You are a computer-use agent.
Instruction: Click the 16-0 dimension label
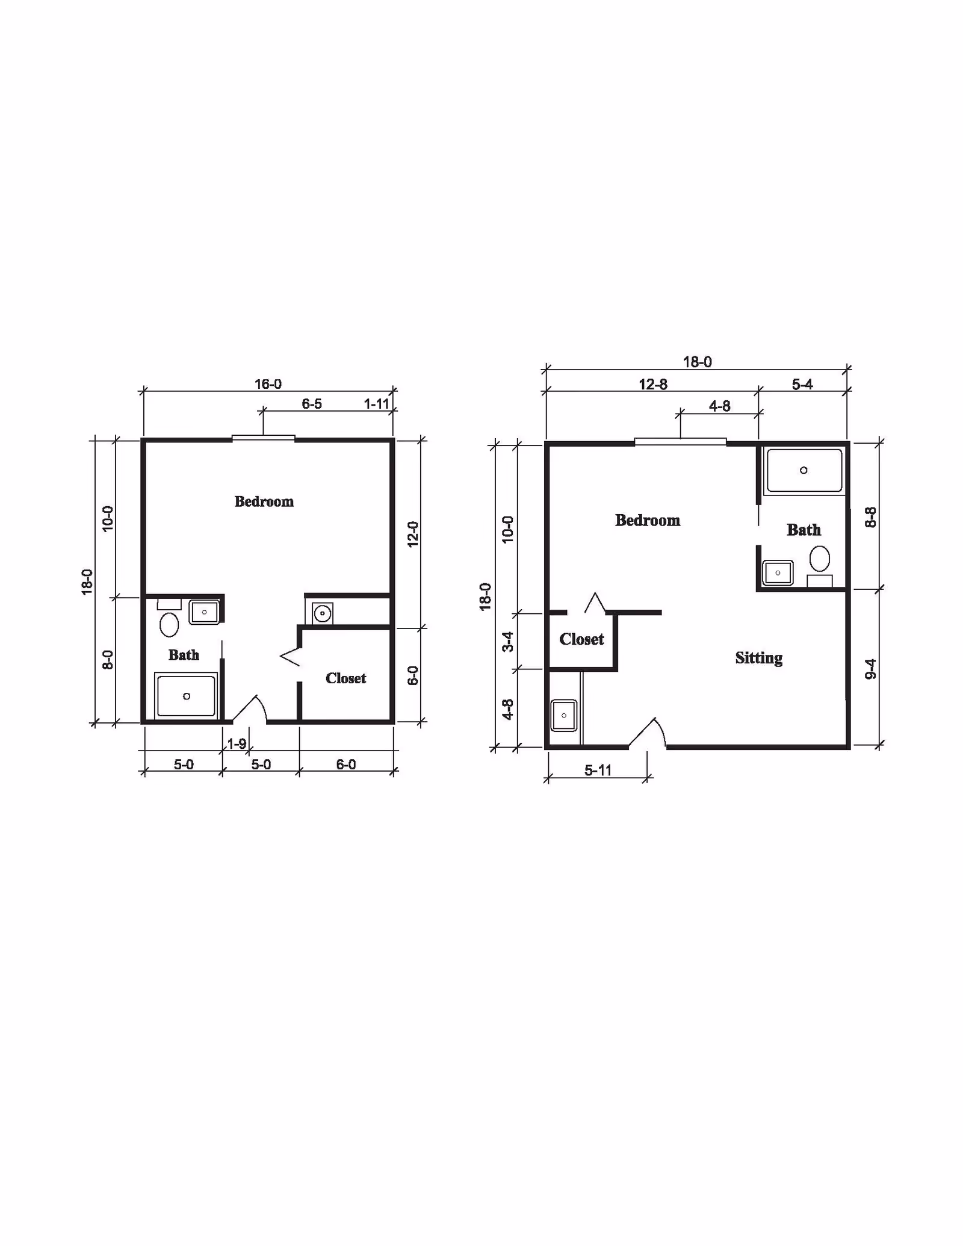[x=268, y=384]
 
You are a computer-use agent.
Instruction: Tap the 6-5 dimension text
[x=312, y=404]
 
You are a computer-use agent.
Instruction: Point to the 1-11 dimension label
[x=377, y=404]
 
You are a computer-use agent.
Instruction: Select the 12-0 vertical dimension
[x=413, y=534]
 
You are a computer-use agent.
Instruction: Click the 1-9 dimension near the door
[x=237, y=744]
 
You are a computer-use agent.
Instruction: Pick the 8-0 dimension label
[x=108, y=660]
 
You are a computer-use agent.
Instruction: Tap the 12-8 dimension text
[x=653, y=384]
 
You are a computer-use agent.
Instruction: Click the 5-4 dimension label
[x=802, y=384]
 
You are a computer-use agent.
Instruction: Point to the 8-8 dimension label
[x=871, y=518]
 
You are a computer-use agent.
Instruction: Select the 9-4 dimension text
[x=871, y=669]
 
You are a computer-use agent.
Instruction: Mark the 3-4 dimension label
[x=509, y=642]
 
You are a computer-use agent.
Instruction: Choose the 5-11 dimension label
[x=598, y=770]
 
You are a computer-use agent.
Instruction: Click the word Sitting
[x=758, y=658]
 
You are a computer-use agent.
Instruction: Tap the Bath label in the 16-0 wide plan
[x=184, y=655]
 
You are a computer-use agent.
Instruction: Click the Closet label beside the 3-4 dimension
[x=581, y=639]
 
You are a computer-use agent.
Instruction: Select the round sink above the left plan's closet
[x=323, y=614]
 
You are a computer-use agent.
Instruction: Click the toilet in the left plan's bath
[x=169, y=624]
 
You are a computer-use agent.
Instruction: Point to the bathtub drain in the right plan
[x=804, y=470]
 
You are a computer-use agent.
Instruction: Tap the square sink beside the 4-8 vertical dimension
[x=564, y=715]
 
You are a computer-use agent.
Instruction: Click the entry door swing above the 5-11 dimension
[x=649, y=732]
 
